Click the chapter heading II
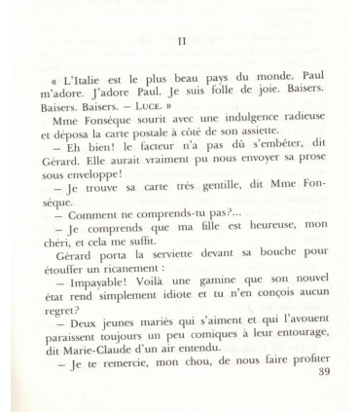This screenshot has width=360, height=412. (182, 41)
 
